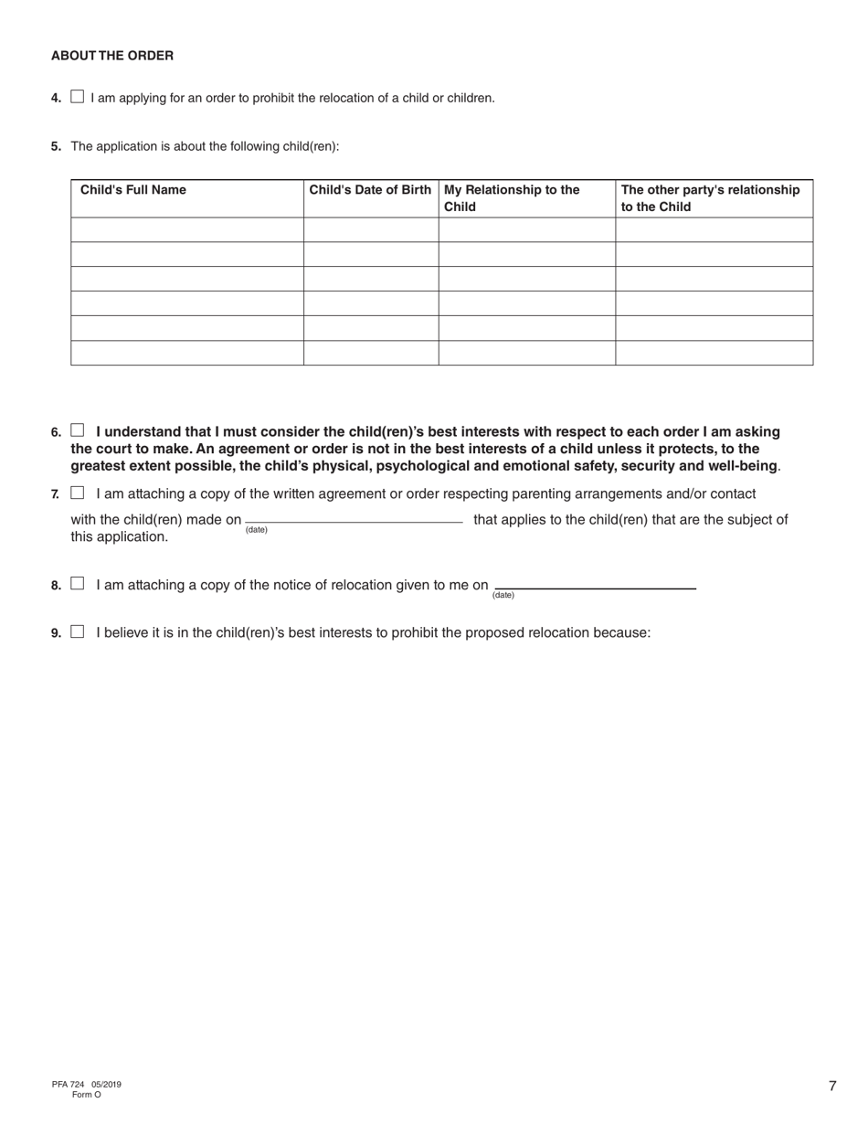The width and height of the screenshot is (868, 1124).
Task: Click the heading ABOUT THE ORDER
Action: point(112,56)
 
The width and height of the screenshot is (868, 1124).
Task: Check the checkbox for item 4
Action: point(77,97)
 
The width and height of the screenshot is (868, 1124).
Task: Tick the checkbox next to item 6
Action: point(77,430)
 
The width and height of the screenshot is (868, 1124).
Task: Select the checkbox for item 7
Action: point(77,493)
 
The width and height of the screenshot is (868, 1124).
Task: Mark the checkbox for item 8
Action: point(77,584)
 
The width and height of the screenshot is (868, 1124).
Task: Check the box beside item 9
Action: point(77,631)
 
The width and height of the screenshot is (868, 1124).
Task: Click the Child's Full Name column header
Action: point(133,190)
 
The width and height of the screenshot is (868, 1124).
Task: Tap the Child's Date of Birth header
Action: point(370,190)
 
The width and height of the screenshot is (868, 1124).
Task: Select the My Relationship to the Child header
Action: point(512,198)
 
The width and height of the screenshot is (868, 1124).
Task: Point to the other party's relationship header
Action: point(710,198)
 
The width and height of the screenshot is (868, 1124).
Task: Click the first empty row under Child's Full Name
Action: point(187,229)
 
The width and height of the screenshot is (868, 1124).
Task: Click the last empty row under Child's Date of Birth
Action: point(370,353)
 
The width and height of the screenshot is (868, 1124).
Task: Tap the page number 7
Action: point(832,1087)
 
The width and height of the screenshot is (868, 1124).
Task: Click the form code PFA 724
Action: point(69,1085)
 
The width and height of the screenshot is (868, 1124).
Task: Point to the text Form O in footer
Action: point(87,1095)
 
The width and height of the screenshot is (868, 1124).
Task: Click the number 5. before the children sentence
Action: point(57,146)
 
